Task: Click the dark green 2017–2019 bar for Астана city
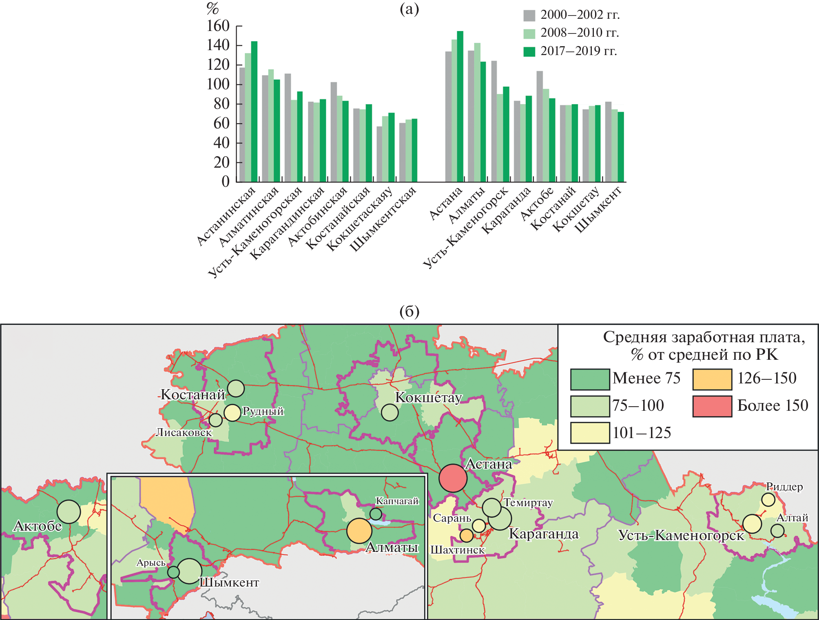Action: point(460,106)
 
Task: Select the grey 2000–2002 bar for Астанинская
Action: point(242,124)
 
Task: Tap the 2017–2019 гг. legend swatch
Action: point(529,51)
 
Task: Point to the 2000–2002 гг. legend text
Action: point(580,15)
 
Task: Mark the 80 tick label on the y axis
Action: point(221,104)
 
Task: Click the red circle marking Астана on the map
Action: point(453,478)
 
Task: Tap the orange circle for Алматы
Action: point(359,531)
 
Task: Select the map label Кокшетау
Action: point(428,397)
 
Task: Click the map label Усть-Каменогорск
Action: point(681,535)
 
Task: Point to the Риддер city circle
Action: point(768,499)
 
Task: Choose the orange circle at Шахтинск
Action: point(467,535)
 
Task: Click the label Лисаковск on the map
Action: point(184,432)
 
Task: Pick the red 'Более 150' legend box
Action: point(712,406)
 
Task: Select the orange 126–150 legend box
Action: point(712,379)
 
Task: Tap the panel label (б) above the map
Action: point(409,312)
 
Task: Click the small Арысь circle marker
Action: point(173,572)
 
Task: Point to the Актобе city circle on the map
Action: point(69,511)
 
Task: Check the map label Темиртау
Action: point(528,503)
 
